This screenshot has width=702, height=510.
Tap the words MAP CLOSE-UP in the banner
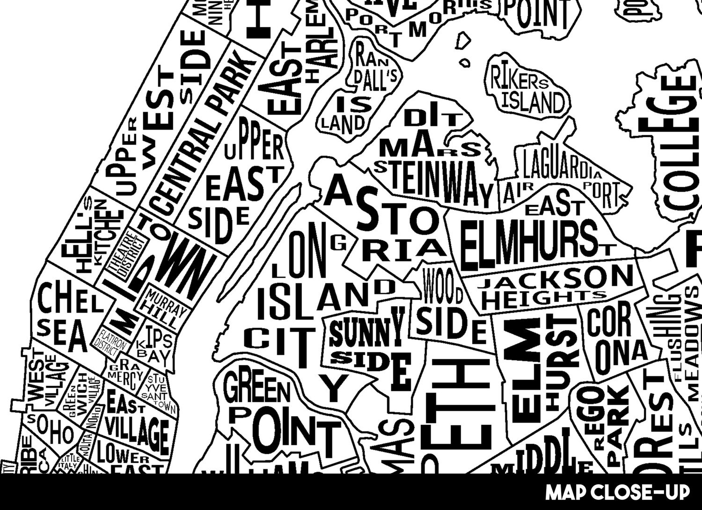click(x=617, y=492)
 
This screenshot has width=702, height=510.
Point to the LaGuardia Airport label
click(x=562, y=178)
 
